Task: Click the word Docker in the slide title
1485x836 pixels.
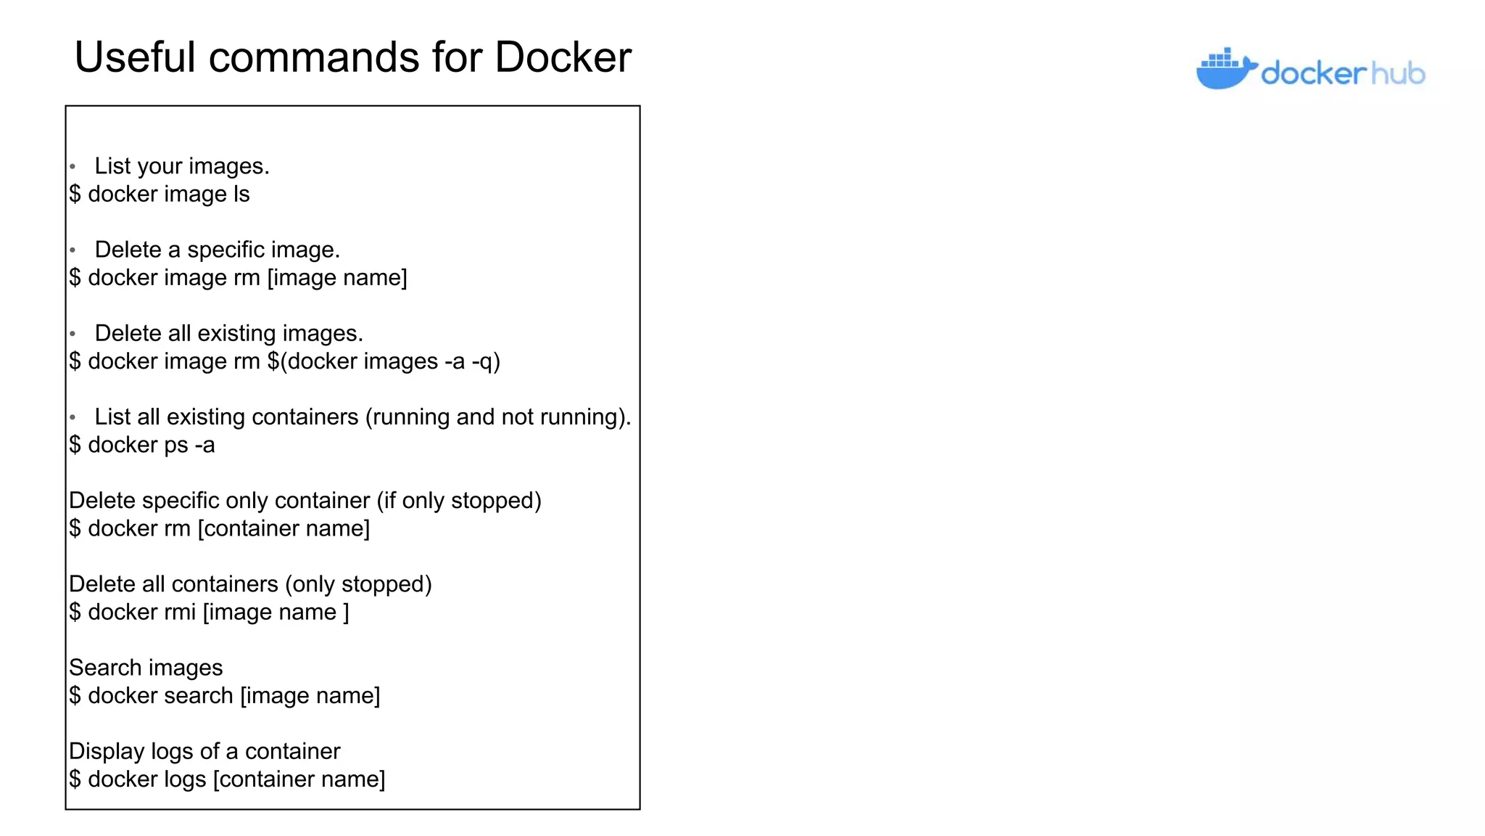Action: coord(563,57)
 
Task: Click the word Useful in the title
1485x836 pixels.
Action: coord(135,57)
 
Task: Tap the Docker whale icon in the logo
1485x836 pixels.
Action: coord(1225,70)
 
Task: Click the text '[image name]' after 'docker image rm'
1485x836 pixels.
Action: coord(337,278)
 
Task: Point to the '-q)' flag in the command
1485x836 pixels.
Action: coord(486,361)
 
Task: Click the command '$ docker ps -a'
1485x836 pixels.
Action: coord(142,445)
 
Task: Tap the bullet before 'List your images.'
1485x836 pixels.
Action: coord(73,167)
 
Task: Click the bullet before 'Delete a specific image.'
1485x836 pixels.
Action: coord(73,250)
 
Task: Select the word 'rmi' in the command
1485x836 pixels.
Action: coord(180,612)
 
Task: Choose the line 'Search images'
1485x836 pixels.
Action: coord(146,668)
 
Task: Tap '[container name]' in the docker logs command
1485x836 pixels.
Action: coord(299,779)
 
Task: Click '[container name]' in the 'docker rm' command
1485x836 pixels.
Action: coord(284,529)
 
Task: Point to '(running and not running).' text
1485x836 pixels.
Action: coord(498,417)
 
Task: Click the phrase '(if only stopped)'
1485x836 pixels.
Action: coord(459,501)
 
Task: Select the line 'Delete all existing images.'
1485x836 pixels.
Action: coord(228,334)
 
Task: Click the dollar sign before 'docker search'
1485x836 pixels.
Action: coord(75,696)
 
